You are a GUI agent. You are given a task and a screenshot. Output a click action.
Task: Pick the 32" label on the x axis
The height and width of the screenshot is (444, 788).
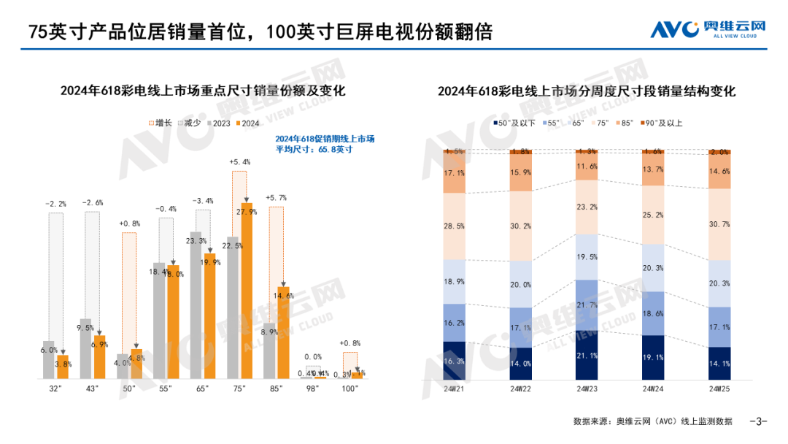tap(55, 388)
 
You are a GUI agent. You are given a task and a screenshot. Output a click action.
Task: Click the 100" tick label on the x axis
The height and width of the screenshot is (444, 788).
tap(350, 388)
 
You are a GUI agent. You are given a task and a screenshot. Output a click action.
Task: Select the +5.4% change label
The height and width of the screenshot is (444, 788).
tap(239, 162)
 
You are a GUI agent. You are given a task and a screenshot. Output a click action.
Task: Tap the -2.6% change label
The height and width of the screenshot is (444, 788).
tap(92, 202)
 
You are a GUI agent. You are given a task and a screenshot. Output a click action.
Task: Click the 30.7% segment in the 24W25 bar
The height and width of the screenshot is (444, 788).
tap(719, 224)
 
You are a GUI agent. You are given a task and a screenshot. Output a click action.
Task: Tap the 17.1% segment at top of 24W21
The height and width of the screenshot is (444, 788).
tap(455, 173)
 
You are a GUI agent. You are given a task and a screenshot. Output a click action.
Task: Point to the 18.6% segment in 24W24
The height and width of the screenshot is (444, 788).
tap(653, 313)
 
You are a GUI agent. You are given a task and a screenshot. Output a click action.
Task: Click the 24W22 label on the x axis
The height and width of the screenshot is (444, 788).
tap(520, 389)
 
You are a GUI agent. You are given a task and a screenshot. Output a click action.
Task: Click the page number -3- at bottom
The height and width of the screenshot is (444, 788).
tap(759, 421)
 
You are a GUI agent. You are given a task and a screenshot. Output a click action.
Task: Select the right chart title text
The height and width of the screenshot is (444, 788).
tap(587, 91)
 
